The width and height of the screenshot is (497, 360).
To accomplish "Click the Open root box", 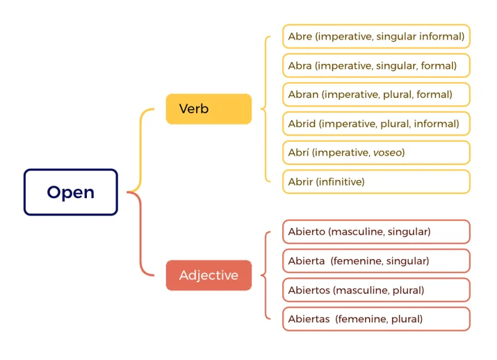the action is [71, 192].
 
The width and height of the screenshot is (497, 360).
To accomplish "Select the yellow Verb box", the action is [209, 108].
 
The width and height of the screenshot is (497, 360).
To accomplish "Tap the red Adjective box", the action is [209, 275].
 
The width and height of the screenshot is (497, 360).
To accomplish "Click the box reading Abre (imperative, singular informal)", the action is [376, 36].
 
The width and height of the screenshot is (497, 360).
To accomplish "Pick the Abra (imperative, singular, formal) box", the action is [376, 65].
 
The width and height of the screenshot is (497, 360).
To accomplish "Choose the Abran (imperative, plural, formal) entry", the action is [376, 95].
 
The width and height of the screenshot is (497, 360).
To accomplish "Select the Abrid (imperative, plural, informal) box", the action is [376, 124].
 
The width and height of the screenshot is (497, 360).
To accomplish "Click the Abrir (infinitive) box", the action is [376, 181].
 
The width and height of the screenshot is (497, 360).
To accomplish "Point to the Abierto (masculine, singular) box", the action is [376, 231].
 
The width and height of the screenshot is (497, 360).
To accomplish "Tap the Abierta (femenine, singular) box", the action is [376, 261].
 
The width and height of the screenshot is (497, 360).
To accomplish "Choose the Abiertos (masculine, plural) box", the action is [376, 290].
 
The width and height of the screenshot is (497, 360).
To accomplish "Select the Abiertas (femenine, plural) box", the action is [376, 319].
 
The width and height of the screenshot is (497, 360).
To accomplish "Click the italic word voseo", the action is [387, 153].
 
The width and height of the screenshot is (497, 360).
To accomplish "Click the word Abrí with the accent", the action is [298, 152].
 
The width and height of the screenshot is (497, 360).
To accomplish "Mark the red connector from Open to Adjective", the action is [140, 234].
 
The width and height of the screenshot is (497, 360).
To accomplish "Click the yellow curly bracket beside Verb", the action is [266, 109].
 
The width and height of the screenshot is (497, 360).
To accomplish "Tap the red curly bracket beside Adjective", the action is [266, 275].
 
